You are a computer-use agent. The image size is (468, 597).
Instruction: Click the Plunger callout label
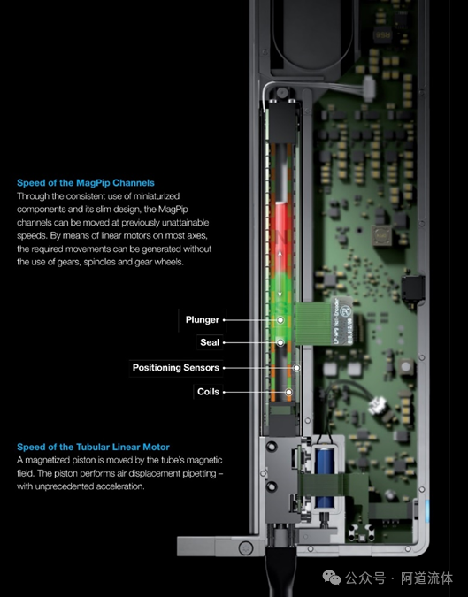click(203, 320)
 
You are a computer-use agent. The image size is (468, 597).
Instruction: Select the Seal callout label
click(210, 342)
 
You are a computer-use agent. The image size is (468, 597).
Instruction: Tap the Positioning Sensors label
click(176, 368)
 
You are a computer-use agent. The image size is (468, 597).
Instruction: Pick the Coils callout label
click(208, 392)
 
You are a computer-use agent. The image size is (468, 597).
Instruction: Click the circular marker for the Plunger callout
click(280, 320)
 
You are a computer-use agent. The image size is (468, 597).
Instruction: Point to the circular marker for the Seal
click(280, 342)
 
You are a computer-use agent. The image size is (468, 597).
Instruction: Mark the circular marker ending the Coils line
click(289, 392)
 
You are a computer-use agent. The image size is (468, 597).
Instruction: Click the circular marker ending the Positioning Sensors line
click(296, 368)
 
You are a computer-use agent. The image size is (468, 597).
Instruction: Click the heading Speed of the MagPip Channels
click(86, 183)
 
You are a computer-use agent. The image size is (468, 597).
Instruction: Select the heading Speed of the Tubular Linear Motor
click(93, 447)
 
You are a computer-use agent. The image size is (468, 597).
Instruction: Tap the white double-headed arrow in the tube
click(280, 273)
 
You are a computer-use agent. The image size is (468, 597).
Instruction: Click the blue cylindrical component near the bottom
click(325, 478)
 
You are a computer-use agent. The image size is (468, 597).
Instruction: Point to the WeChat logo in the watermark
click(331, 578)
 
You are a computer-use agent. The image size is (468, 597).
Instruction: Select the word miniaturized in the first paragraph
click(157, 196)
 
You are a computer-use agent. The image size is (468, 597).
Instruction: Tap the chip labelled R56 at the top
click(383, 34)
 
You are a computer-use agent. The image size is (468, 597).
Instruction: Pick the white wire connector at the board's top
click(369, 88)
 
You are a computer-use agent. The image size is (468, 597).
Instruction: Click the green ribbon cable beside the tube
click(312, 324)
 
